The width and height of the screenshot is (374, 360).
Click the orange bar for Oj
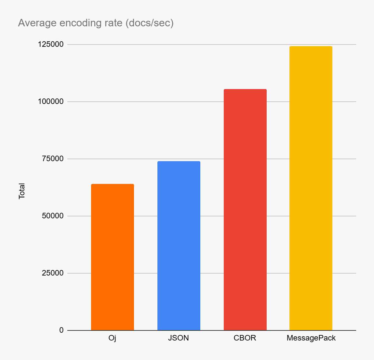pos(112,257)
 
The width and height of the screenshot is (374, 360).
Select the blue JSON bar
pos(179,246)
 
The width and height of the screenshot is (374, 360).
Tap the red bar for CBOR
pos(245,210)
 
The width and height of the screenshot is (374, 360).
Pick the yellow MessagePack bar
pos(311,188)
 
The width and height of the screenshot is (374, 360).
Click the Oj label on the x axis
pos(112,338)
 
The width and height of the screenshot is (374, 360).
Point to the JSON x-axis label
pos(178,338)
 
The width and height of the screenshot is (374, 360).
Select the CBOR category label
pos(245,338)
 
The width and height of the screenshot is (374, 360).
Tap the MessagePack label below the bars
pos(311,338)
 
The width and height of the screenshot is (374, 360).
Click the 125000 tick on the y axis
pos(51,44)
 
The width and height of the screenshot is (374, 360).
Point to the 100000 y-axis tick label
pos(51,101)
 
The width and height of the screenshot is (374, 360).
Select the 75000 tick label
pos(53,159)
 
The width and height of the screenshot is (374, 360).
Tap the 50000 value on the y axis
pos(53,216)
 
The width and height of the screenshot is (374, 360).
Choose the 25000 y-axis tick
pos(53,273)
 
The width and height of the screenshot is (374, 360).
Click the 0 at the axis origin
pos(61,330)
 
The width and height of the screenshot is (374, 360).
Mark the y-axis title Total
pos(22,191)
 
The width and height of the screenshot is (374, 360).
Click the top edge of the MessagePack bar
pos(311,46)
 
